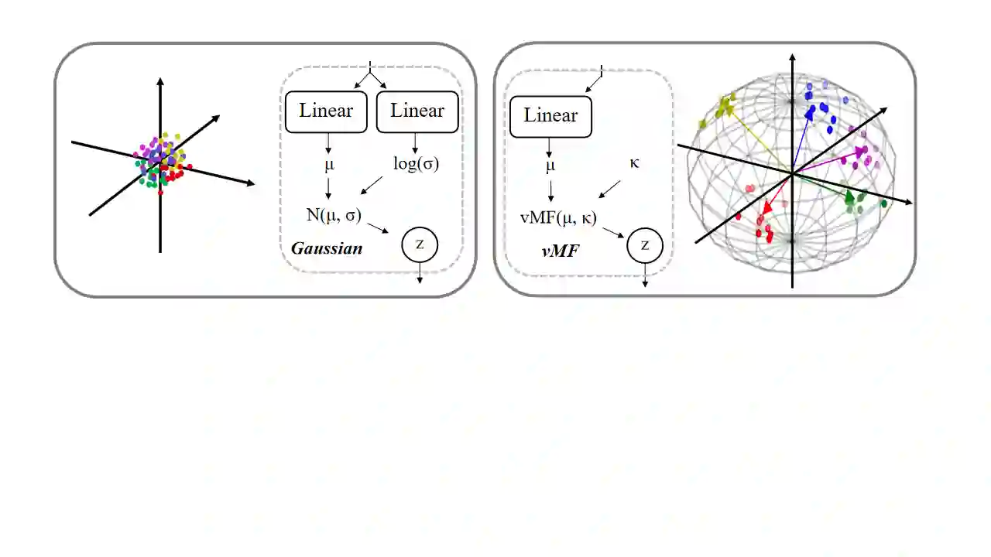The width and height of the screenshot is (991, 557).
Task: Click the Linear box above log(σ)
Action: [417, 111]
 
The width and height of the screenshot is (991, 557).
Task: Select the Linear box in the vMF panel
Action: [550, 116]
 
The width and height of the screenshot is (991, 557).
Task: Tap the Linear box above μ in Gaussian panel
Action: [326, 111]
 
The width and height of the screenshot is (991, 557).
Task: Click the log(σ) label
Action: [416, 164]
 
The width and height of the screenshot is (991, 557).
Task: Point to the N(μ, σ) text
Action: [334, 215]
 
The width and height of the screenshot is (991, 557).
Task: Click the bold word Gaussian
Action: [327, 249]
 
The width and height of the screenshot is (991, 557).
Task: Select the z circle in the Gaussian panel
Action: [420, 244]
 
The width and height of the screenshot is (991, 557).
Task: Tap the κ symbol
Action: [634, 164]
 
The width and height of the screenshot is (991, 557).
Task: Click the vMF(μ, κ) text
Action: [558, 217]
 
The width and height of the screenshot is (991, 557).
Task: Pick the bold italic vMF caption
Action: [561, 250]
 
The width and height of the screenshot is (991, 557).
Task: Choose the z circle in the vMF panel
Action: [644, 246]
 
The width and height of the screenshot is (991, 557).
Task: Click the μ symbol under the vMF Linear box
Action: [550, 165]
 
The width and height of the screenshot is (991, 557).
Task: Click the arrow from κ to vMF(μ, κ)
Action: [610, 189]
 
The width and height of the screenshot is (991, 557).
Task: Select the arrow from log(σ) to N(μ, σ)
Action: [372, 186]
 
